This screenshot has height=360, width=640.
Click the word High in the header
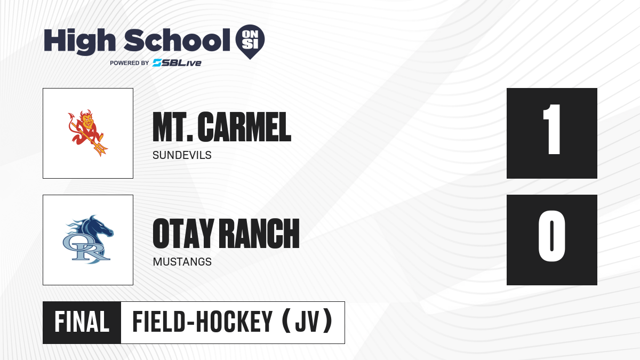(x=79, y=41)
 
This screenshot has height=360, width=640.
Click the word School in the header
(x=177, y=40)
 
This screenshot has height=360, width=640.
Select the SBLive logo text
(x=177, y=63)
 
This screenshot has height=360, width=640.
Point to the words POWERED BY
(x=130, y=63)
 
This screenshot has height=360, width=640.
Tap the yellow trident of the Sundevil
(x=91, y=140)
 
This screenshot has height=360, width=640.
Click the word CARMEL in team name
(x=244, y=127)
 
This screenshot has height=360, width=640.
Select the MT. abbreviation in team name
(x=173, y=127)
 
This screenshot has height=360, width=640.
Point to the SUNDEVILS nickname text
(x=182, y=155)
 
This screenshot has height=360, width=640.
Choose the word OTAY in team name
(x=183, y=234)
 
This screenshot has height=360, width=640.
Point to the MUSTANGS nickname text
(x=182, y=262)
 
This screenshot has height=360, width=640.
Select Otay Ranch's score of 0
(x=551, y=236)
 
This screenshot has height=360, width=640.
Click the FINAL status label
(x=82, y=322)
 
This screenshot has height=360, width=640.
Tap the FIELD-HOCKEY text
(x=203, y=322)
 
